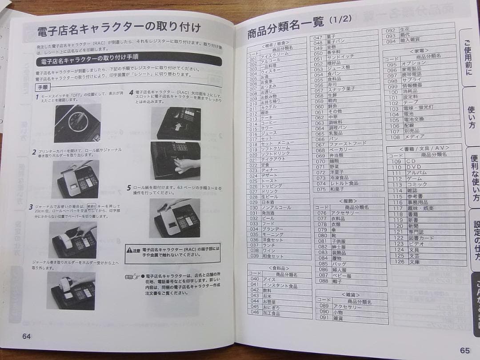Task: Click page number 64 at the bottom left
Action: click(27, 336)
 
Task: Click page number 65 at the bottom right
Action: click(465, 350)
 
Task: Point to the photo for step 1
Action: click(77, 123)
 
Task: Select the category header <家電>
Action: click(420, 51)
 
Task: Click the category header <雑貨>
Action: click(351, 295)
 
